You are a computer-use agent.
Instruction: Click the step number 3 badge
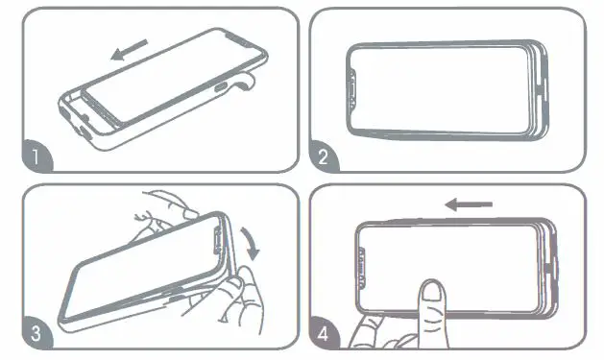pos(35,335)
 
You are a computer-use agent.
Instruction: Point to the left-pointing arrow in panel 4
pos(470,204)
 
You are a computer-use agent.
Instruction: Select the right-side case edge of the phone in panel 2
pos(539,88)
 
